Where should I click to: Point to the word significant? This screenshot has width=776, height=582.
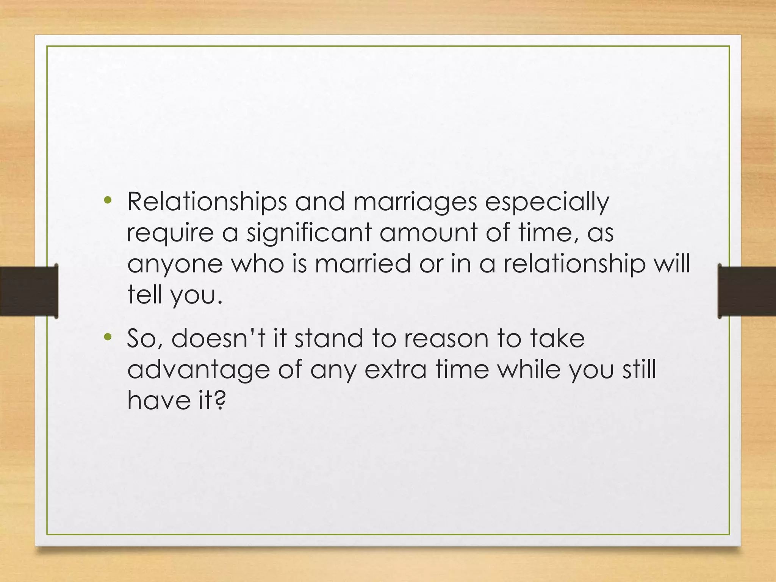(x=309, y=233)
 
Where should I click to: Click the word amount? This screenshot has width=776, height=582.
(x=428, y=233)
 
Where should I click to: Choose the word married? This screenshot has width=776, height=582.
(x=363, y=264)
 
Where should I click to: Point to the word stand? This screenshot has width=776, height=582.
(x=329, y=338)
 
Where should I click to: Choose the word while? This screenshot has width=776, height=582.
(x=529, y=369)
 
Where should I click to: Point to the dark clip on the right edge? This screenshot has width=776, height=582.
(x=746, y=291)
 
